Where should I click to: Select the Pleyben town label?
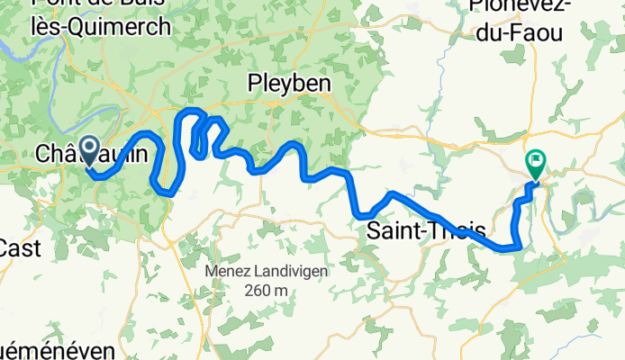tap(289, 83)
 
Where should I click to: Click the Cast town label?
tap(20, 248)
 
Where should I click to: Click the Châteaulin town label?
tap(90, 155)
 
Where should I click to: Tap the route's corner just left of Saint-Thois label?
tap(361, 215)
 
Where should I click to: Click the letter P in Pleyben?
tap(254, 83)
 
